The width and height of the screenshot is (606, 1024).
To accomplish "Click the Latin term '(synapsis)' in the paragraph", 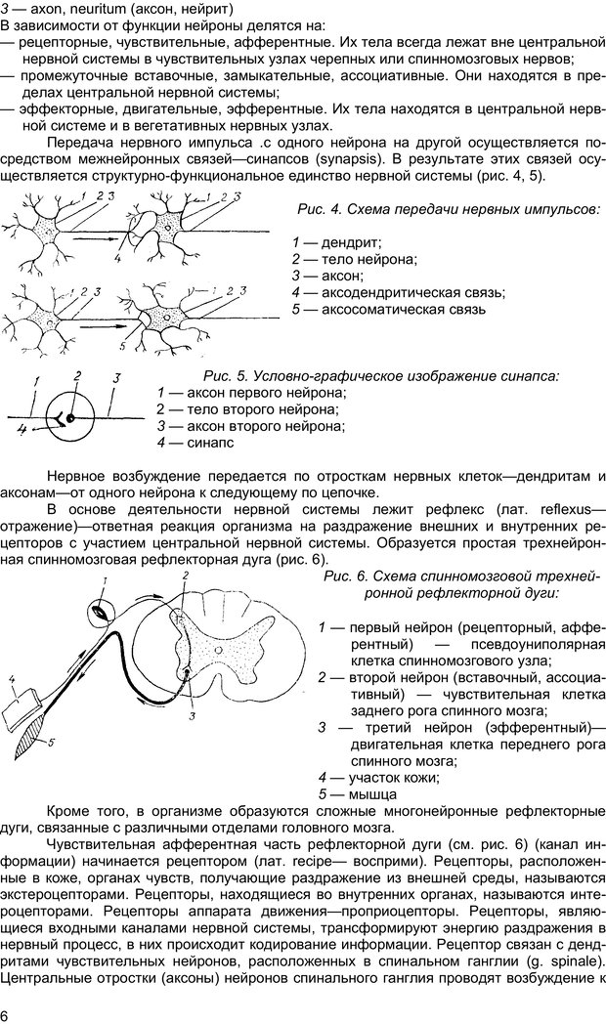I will tap(349, 157).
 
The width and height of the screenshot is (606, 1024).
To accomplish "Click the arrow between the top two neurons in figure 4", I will tap(97, 236).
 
